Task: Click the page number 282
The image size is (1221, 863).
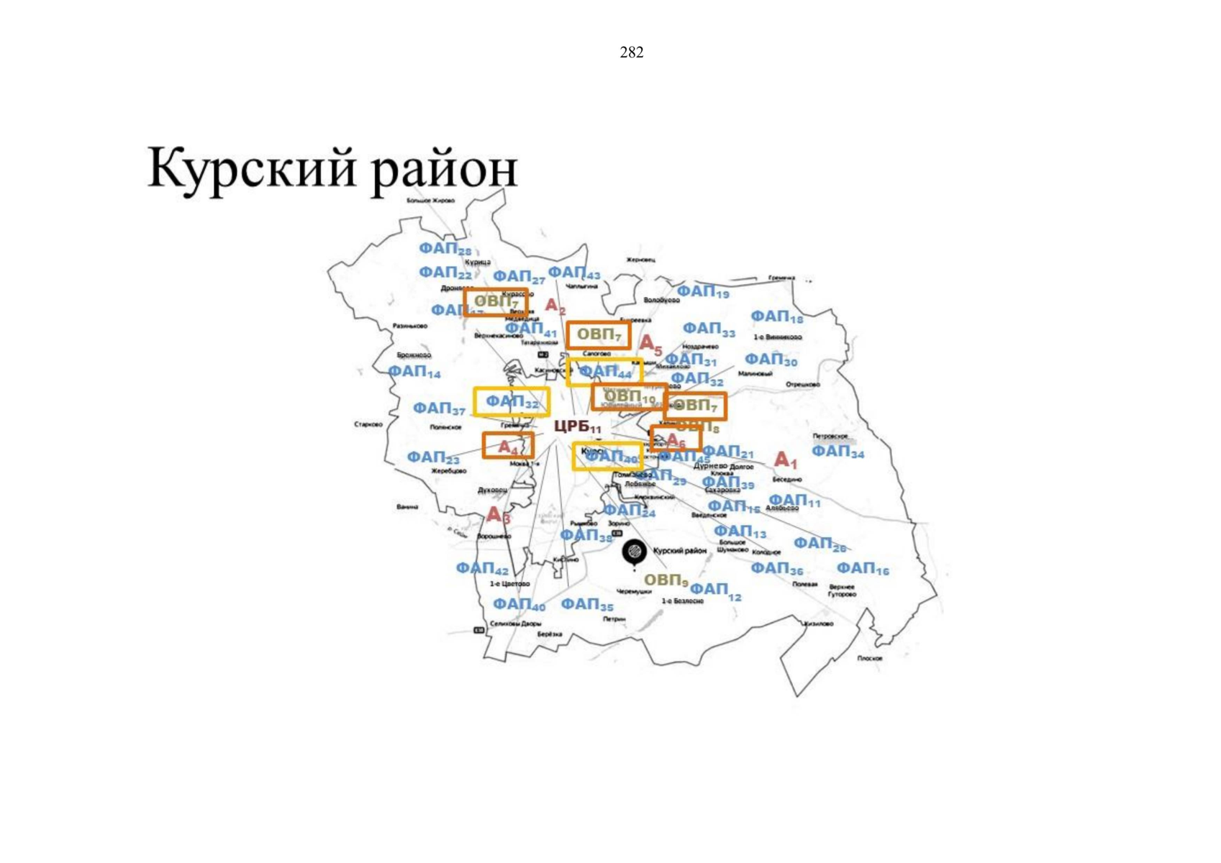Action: point(631,52)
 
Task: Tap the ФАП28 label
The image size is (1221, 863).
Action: point(445,249)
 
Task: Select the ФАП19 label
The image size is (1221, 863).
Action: point(703,291)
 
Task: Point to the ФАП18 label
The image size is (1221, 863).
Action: point(776,316)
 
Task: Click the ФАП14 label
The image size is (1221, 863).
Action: point(414,372)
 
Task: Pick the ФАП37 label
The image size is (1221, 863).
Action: point(439,408)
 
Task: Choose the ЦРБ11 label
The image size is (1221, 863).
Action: point(578,426)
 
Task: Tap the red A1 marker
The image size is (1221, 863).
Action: point(785,460)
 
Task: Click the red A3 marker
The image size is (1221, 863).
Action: point(498,515)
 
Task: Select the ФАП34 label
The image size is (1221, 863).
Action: point(838,452)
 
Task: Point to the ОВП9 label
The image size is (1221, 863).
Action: point(666,580)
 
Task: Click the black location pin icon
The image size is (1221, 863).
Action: point(634,552)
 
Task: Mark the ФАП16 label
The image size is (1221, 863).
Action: point(862,569)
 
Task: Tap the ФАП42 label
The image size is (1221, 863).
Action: point(482,569)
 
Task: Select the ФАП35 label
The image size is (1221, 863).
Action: point(587,605)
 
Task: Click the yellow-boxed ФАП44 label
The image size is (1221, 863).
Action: point(604,372)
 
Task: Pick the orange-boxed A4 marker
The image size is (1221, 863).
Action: point(508,447)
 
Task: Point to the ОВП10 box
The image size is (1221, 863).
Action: point(629,396)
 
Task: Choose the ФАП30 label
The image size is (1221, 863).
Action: point(771,360)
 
